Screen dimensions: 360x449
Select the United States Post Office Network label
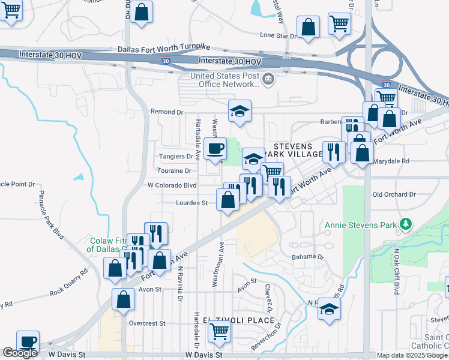[225, 80]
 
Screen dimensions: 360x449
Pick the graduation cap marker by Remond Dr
[240, 110]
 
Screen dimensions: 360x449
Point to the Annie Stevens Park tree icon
[406, 224]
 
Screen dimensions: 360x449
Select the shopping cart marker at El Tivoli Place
[220, 330]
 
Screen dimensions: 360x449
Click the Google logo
[20, 353]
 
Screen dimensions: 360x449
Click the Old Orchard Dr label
[394, 194]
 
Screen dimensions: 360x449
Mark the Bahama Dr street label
[308, 257]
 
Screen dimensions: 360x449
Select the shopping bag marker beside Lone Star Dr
[308, 27]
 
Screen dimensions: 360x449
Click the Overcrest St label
[147, 323]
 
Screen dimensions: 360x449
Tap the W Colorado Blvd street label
[172, 185]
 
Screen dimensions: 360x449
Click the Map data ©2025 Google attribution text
[412, 355]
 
